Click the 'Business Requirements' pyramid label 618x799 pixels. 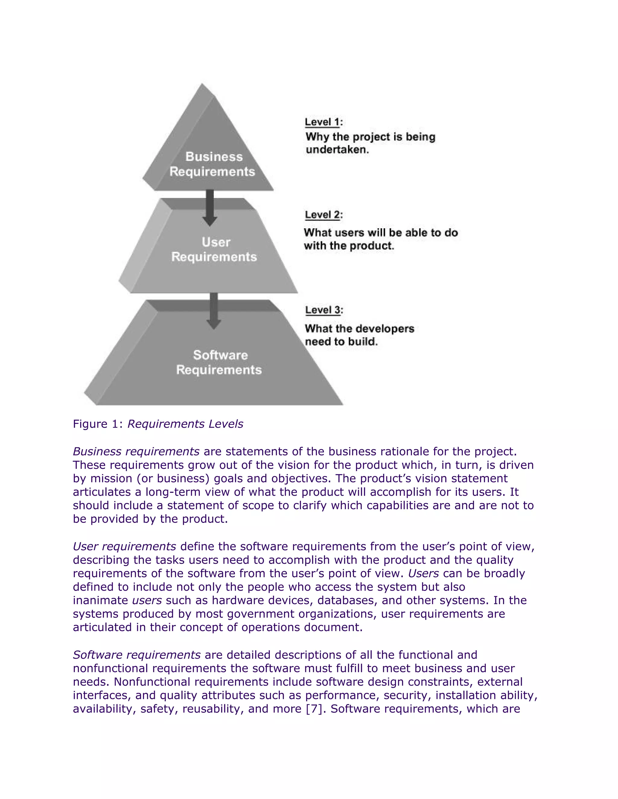click(x=213, y=164)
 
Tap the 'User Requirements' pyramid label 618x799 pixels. click(x=215, y=250)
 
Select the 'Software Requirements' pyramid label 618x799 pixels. click(x=219, y=362)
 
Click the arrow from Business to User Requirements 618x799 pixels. click(x=210, y=207)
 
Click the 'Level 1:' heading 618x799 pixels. click(x=324, y=122)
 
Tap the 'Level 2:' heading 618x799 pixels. click(x=324, y=215)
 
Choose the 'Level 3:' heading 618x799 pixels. click(x=324, y=310)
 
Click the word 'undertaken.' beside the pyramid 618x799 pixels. click(x=337, y=150)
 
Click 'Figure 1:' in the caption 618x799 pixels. click(x=97, y=424)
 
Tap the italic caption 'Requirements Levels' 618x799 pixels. click(x=185, y=424)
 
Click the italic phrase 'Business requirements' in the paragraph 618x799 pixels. click(x=136, y=451)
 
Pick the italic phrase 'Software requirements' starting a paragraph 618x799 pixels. click(x=137, y=655)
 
